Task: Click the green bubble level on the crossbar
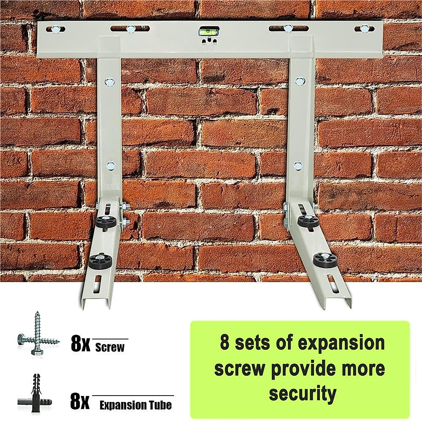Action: (x=204, y=32)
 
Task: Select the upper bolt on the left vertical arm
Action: (x=108, y=82)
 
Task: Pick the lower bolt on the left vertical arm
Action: (x=110, y=164)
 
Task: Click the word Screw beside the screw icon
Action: (x=110, y=348)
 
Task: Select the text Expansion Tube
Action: (x=135, y=405)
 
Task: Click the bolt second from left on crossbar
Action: (x=130, y=28)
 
